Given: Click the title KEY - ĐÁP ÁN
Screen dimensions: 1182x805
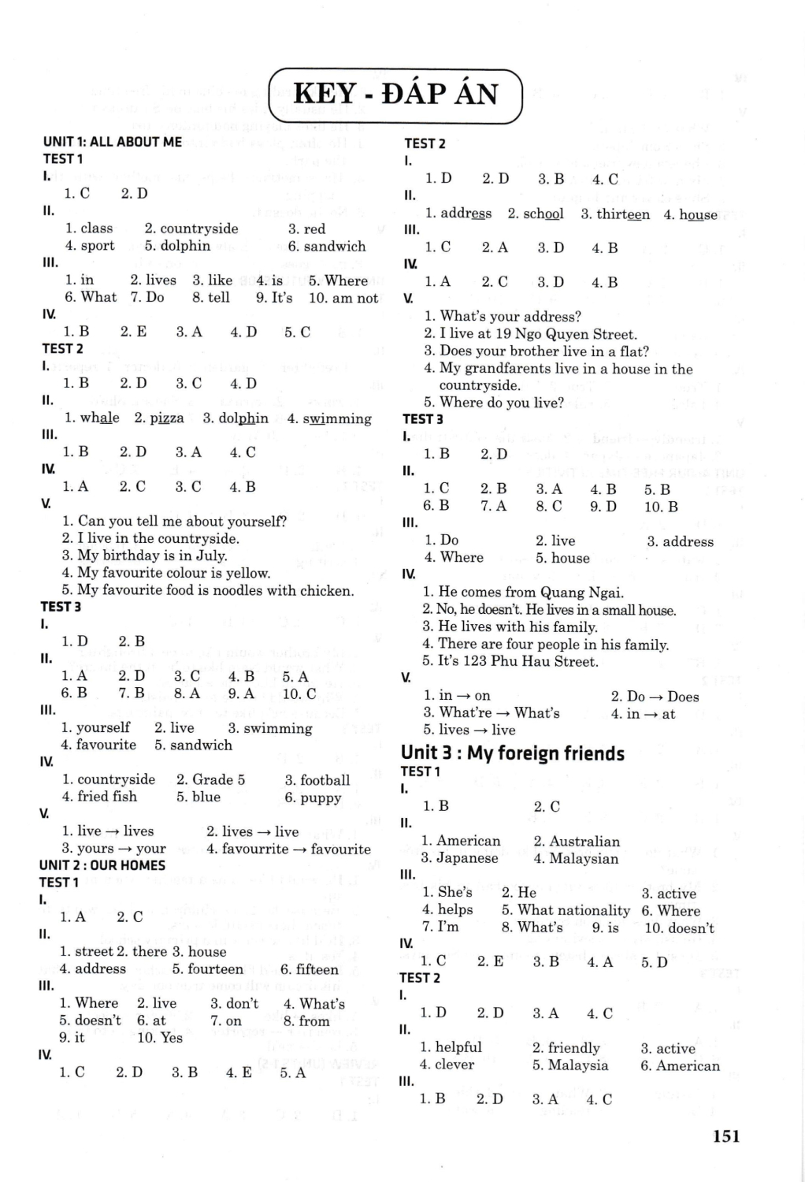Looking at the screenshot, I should pos(395,95).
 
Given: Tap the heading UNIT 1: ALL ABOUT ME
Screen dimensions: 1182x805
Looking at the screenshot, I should pos(113,142).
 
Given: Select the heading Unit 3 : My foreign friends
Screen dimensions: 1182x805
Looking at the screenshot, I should pos(512,753).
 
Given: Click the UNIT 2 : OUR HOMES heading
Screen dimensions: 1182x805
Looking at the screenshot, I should pos(102,865).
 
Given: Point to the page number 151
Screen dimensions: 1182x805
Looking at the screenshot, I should pos(725,1136).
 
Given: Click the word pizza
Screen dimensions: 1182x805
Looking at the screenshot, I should pos(166,418).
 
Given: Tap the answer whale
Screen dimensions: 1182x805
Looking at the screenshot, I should pos(100,418).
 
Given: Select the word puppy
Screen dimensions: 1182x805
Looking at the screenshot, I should pos(321,797).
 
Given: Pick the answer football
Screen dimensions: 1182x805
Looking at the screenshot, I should pos(325,780).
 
